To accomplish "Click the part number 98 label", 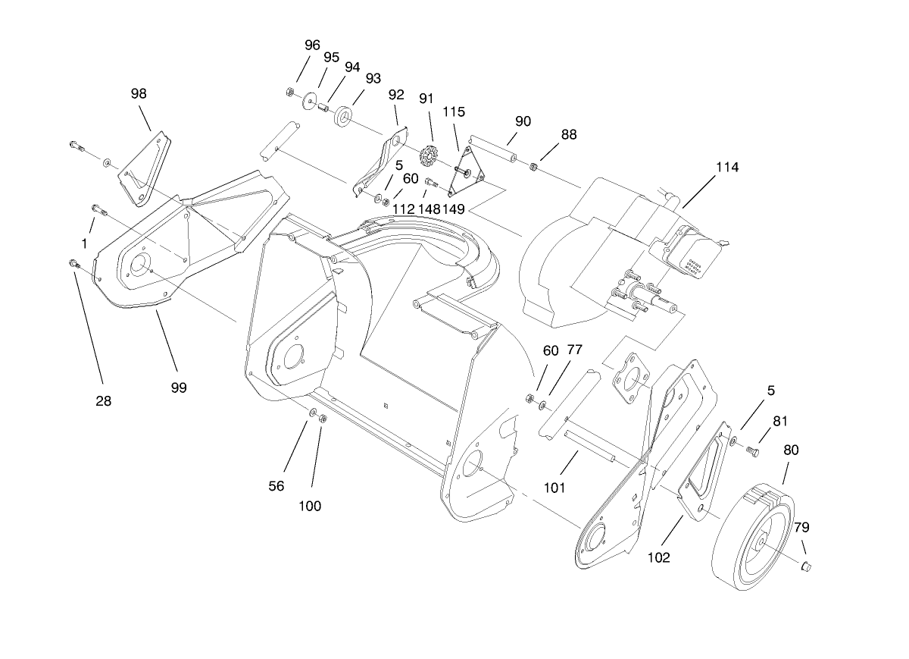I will (x=139, y=93).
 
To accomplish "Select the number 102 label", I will (x=658, y=557).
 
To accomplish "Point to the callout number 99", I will (x=179, y=387).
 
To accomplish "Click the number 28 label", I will (x=103, y=401).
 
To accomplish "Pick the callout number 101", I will (x=554, y=488).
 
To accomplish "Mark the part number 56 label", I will (x=276, y=486).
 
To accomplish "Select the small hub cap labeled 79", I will (x=807, y=565).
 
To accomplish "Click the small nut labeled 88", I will (x=534, y=166).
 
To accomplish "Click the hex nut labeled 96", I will (x=289, y=93).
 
